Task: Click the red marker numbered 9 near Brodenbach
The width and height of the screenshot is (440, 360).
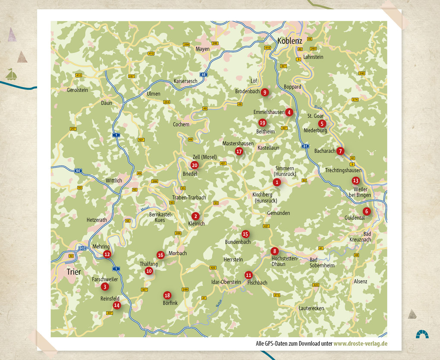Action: [x=265, y=92]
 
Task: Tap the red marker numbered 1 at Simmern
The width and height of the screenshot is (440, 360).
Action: [x=277, y=182]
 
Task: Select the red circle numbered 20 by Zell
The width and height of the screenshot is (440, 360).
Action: [x=195, y=165]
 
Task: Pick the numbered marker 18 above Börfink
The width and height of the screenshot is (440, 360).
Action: [x=167, y=295]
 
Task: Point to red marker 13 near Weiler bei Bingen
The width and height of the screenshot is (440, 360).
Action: [x=355, y=180]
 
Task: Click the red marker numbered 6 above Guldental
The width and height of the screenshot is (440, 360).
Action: [x=366, y=211]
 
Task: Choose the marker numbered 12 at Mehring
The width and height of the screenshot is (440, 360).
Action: [x=107, y=254]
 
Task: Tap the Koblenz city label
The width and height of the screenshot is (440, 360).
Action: [x=290, y=41]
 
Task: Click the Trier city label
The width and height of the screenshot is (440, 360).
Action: [x=74, y=272]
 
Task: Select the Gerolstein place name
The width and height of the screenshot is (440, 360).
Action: [x=77, y=90]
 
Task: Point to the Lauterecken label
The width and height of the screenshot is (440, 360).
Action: [x=311, y=308]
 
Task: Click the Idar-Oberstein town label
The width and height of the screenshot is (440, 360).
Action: [x=226, y=282]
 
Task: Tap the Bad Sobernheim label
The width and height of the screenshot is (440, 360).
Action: [x=322, y=262]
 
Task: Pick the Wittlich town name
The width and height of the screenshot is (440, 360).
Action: [x=114, y=180]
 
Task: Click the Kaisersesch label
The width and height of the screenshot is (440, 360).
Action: [x=185, y=81]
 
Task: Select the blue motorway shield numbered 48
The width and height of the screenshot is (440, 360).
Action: [x=204, y=74]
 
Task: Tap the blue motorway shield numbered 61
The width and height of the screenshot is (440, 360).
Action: [x=305, y=146]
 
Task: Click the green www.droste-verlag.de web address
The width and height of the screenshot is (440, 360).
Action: [x=360, y=344]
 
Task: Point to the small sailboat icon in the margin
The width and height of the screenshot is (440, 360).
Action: [x=12, y=75]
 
